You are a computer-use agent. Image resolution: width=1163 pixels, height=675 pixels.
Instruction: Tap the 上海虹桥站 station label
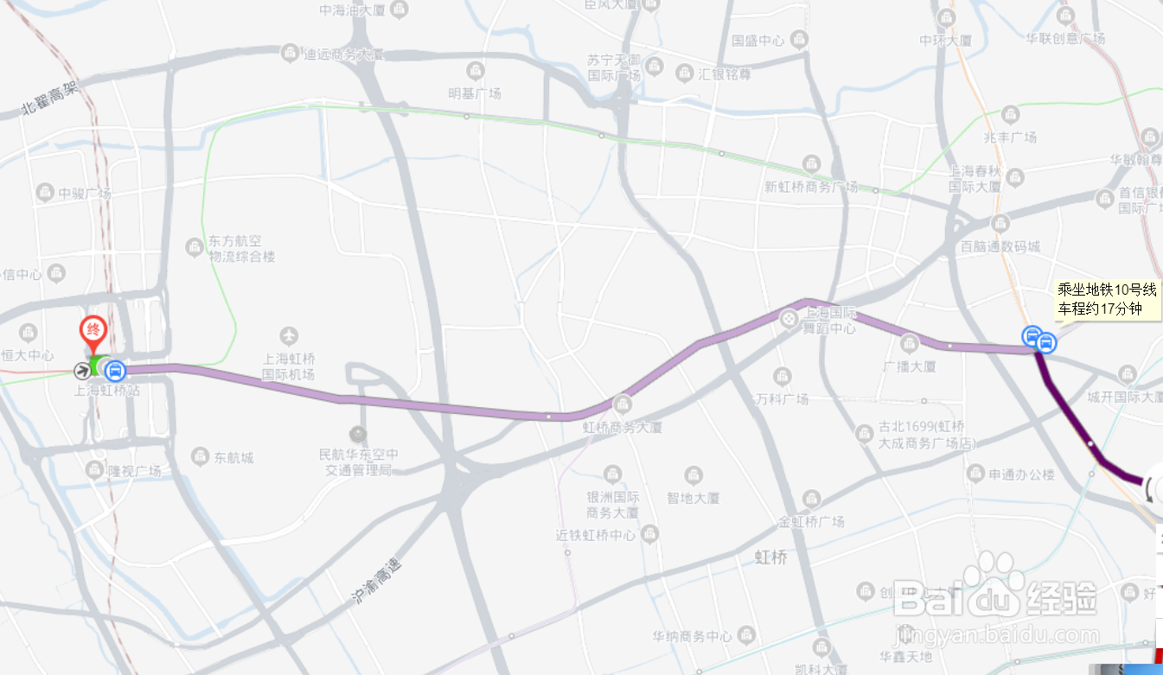pyautogui.click(x=107, y=391)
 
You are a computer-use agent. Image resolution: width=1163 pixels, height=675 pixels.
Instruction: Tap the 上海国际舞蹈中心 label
pyautogui.click(x=830, y=321)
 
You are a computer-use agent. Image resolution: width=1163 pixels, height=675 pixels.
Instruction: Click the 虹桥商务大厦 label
pyautogui.click(x=623, y=427)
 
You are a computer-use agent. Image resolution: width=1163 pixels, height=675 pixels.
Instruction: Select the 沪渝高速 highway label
pyautogui.click(x=377, y=581)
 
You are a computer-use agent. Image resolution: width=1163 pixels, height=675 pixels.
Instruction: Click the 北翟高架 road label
pyautogui.click(x=50, y=99)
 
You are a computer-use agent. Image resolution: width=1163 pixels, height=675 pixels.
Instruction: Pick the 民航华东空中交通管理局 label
pyautogui.click(x=359, y=462)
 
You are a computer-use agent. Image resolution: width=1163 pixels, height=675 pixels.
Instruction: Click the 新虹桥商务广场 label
pyautogui.click(x=811, y=187)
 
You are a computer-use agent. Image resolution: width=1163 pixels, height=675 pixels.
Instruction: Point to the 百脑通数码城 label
pyautogui.click(x=1000, y=246)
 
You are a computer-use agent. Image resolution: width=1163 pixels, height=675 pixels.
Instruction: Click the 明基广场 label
pyautogui.click(x=475, y=93)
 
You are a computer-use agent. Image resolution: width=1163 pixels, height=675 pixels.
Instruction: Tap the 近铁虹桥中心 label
pyautogui.click(x=595, y=535)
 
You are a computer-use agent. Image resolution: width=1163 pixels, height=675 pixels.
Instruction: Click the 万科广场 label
pyautogui.click(x=782, y=398)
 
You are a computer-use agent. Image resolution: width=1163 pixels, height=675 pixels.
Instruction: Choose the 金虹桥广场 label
pyautogui.click(x=811, y=522)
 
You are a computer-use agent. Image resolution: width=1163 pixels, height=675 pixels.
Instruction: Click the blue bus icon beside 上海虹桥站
pyautogui.click(x=114, y=371)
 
